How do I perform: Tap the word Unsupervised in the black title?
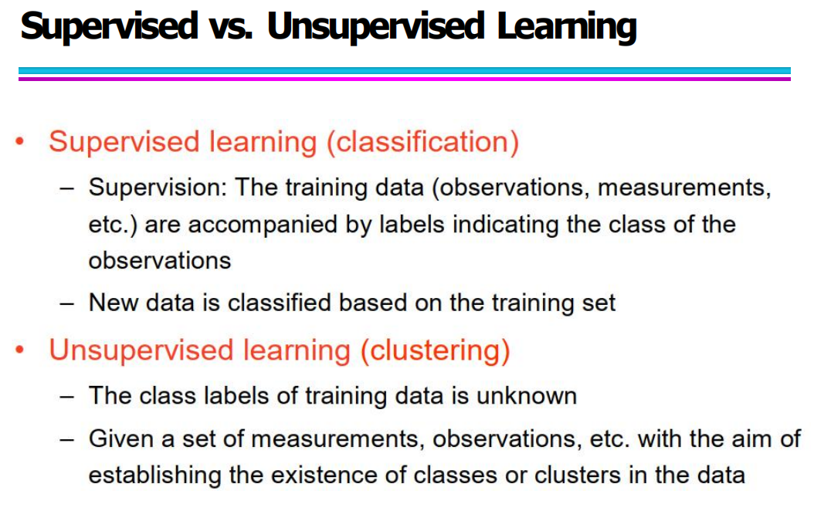click(376, 26)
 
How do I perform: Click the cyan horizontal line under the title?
click(405, 70)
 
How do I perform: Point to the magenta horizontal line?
click(405, 79)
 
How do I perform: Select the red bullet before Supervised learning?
click(20, 141)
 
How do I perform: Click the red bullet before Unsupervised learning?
click(20, 350)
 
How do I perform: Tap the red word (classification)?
click(422, 141)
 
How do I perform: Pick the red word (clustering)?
click(436, 350)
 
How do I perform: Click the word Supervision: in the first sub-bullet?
click(158, 188)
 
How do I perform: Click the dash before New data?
click(66, 303)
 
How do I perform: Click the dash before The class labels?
click(66, 397)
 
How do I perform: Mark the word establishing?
click(154, 475)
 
